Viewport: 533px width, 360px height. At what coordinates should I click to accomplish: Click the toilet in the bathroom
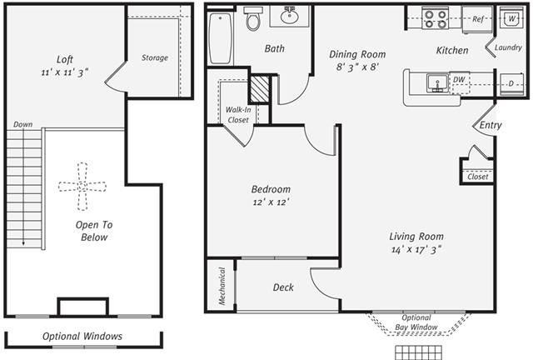pyautogui.click(x=254, y=20)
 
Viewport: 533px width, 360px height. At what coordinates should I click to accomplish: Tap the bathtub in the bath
pyautogui.click(x=220, y=37)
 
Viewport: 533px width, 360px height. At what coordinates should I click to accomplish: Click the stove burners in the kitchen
pyautogui.click(x=435, y=18)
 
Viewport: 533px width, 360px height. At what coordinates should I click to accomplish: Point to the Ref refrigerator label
pyautogui.click(x=478, y=18)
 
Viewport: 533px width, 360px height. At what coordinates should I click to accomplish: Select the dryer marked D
pyautogui.click(x=510, y=83)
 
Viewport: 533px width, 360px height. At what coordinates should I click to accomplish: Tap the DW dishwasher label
pyautogui.click(x=459, y=81)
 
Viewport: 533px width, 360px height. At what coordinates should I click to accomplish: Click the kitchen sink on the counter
pyautogui.click(x=434, y=82)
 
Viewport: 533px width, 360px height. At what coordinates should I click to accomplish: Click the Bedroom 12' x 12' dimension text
pyautogui.click(x=271, y=202)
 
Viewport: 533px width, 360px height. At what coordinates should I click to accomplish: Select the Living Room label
pyautogui.click(x=416, y=236)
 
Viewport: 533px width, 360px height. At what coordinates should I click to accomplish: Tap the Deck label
pyautogui.click(x=283, y=287)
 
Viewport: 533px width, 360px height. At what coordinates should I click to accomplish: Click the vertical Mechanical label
pyautogui.click(x=222, y=286)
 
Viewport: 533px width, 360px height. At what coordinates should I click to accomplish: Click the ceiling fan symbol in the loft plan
pyautogui.click(x=82, y=186)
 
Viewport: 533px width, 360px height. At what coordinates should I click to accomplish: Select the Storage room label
pyautogui.click(x=154, y=57)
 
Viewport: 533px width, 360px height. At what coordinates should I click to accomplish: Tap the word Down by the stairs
pyautogui.click(x=22, y=124)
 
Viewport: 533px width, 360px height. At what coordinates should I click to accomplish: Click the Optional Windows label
pyautogui.click(x=82, y=337)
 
